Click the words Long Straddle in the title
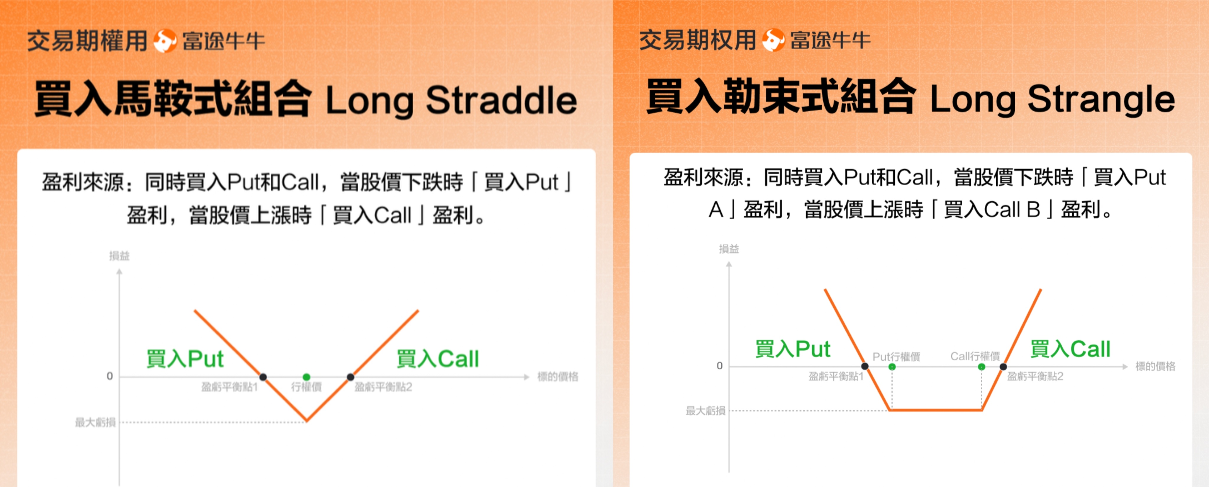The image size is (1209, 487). [x=451, y=100]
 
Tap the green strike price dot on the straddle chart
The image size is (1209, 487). [x=306, y=377]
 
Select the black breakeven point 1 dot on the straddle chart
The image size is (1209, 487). [x=263, y=377]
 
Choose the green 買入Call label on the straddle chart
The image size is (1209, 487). [x=437, y=359]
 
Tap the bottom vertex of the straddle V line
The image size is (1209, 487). [x=306, y=421]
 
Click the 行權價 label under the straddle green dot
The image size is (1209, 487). [x=306, y=387]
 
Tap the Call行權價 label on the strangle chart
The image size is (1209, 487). [x=975, y=356]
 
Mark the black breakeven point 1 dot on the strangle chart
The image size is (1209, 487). [x=865, y=366]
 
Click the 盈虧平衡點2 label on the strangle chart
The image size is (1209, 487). [x=1035, y=376]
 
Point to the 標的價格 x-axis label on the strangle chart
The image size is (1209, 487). [x=1155, y=366]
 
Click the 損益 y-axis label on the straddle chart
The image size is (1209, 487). [x=119, y=256]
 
